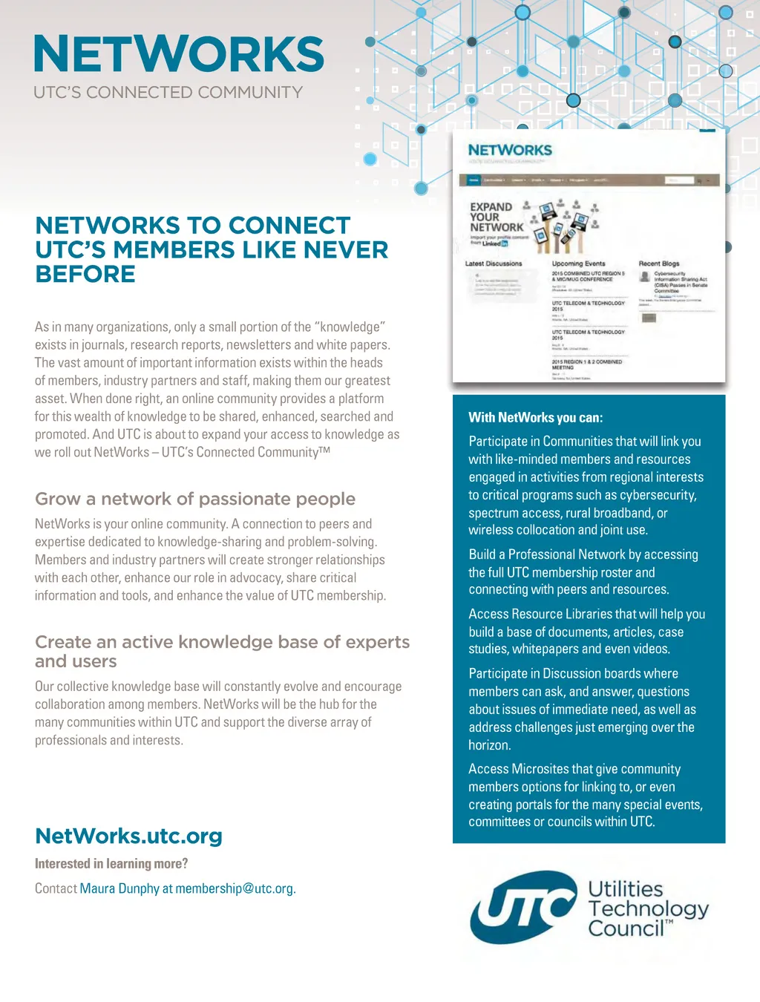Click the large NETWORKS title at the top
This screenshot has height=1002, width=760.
click(x=179, y=54)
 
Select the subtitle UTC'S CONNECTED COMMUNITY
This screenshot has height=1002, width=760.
click(x=168, y=93)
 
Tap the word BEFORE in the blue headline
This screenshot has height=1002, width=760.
click(x=85, y=274)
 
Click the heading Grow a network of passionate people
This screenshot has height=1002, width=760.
click(x=195, y=499)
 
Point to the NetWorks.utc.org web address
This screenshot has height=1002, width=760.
click(x=128, y=836)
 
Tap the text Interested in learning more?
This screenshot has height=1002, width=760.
click(x=111, y=863)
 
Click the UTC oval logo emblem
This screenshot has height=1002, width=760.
click(x=522, y=907)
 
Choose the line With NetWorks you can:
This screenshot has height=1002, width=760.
click(x=536, y=417)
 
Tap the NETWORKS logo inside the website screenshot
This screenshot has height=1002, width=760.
click(x=510, y=150)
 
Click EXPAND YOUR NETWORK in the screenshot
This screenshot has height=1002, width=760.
click(x=496, y=217)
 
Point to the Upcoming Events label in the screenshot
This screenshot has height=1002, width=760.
click(x=578, y=263)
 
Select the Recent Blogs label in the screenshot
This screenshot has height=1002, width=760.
click(x=659, y=263)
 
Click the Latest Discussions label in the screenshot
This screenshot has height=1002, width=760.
click(x=494, y=263)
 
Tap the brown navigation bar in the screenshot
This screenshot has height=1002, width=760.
click(x=589, y=180)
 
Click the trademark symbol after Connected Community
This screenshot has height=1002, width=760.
click(x=324, y=450)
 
